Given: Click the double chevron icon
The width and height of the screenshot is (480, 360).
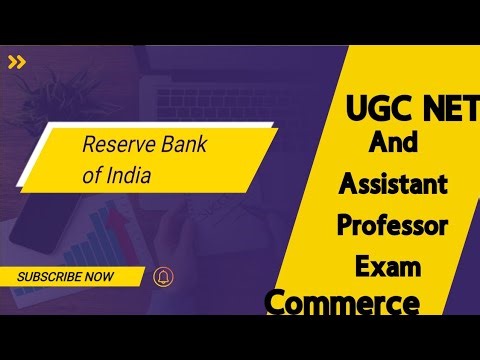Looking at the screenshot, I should point(17,62).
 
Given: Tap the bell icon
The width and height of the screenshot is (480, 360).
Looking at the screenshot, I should point(162,276).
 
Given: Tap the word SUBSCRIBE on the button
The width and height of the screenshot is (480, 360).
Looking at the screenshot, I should point(51,276).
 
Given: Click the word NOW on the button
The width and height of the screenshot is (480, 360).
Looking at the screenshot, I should point(100,276).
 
